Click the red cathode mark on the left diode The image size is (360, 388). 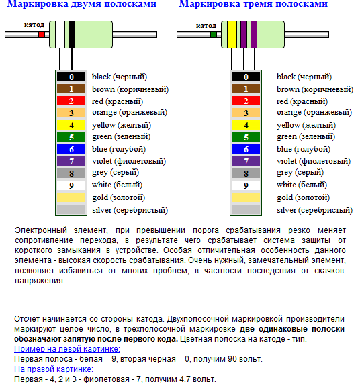(42, 34)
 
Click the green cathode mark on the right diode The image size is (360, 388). (214, 34)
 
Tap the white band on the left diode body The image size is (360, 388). (60, 34)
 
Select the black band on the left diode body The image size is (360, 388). (72, 34)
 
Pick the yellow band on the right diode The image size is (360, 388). (232, 34)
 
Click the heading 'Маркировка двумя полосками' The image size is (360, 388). (82, 4)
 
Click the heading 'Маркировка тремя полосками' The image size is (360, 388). (253, 4)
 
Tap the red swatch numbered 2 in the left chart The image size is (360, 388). (71, 101)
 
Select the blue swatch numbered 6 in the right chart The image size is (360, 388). (246, 149)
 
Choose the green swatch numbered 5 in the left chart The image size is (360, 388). (71, 137)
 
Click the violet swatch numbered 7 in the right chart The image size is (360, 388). (246, 161)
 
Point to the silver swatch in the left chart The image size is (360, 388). (71, 209)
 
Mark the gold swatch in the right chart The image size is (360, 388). (246, 197)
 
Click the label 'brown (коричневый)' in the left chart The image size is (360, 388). (130, 89)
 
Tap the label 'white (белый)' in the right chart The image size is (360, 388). (302, 185)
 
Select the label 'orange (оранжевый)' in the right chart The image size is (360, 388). (314, 113)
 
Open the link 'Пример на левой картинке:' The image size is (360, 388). (67, 349)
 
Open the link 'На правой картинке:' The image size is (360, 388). (54, 369)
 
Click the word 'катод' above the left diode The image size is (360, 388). (34, 25)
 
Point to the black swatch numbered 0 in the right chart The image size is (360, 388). (246, 77)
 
